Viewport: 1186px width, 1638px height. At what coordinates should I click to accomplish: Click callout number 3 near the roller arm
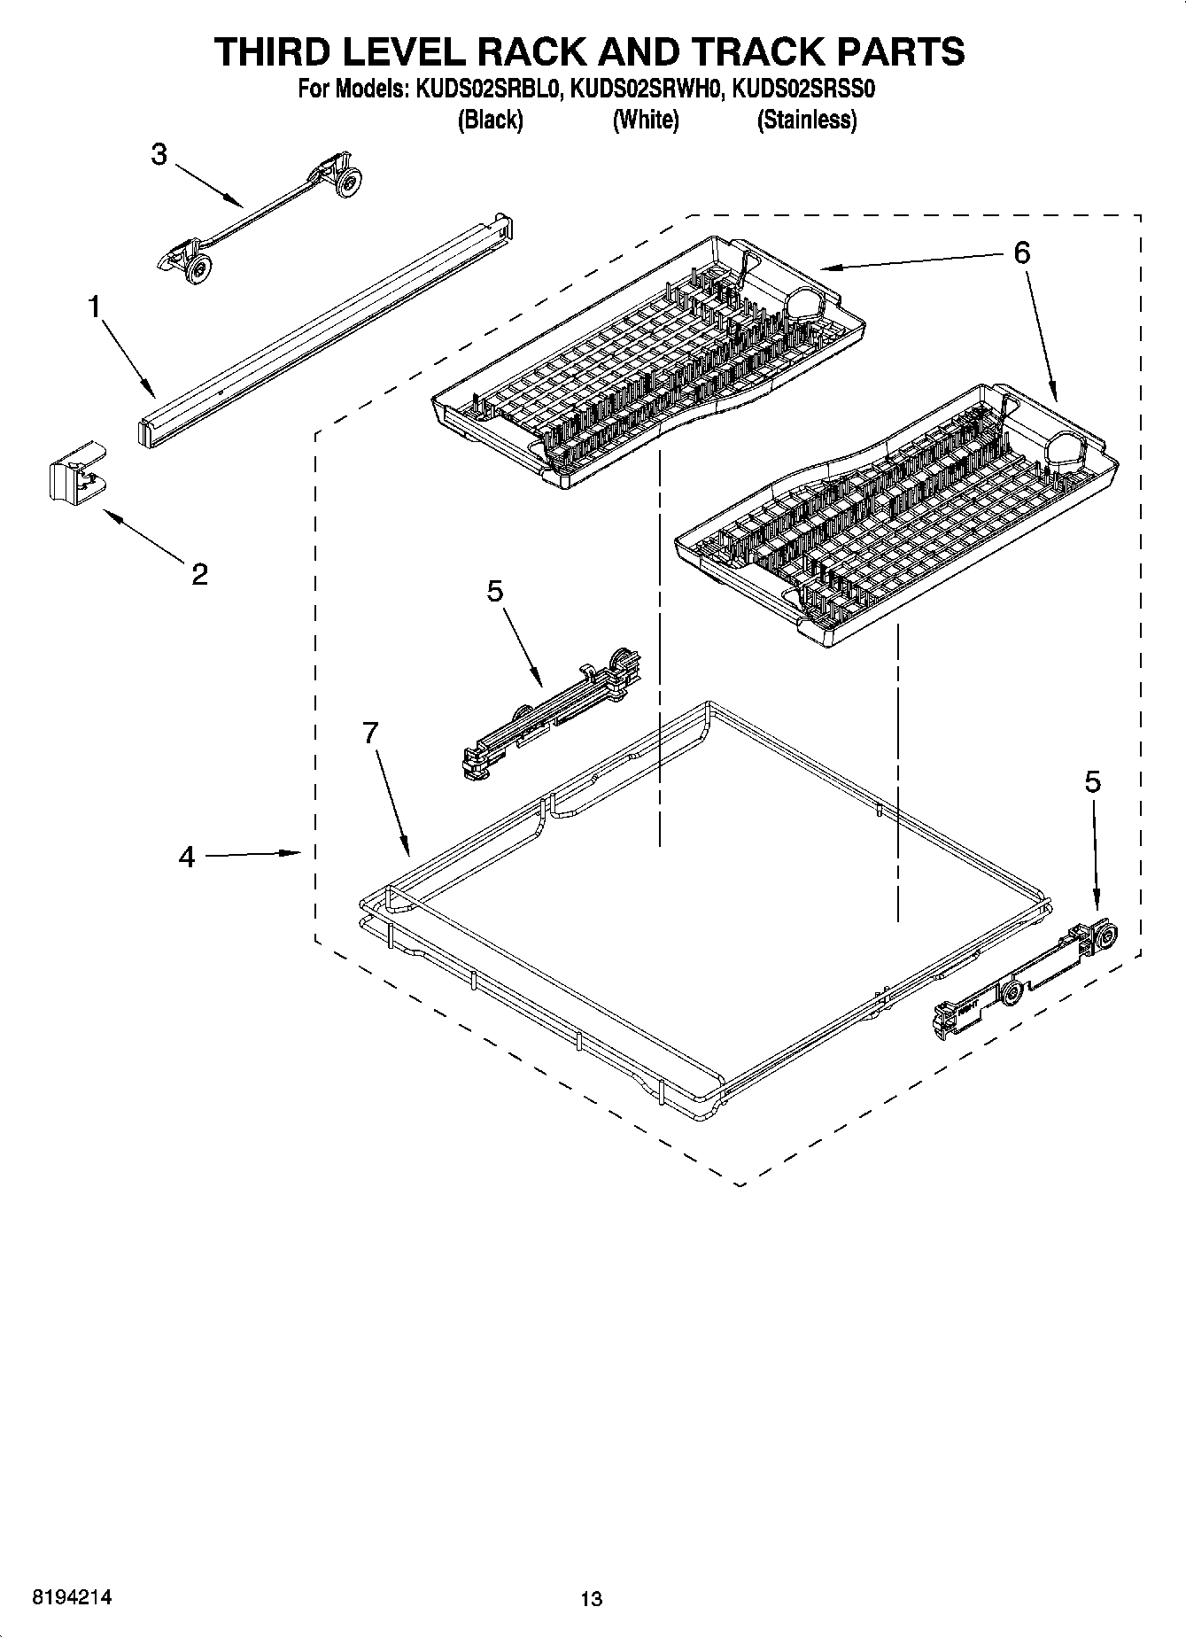159,155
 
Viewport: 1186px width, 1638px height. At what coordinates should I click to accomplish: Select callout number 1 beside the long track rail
94,307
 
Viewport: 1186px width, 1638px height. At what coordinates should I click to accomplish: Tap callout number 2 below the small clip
199,574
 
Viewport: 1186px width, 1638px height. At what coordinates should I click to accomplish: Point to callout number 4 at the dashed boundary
186,857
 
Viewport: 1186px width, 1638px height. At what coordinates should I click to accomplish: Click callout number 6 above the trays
1021,253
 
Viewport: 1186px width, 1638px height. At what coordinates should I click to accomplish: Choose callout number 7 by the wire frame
370,733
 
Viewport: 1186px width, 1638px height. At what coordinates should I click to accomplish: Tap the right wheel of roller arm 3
350,181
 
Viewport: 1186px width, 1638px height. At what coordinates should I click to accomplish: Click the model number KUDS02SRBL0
484,89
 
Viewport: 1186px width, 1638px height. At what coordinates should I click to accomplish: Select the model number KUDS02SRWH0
646,89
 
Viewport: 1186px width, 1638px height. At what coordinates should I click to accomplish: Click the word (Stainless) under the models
806,120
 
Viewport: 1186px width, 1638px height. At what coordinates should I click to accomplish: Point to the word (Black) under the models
490,120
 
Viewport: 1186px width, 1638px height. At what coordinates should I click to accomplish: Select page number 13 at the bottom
591,1598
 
